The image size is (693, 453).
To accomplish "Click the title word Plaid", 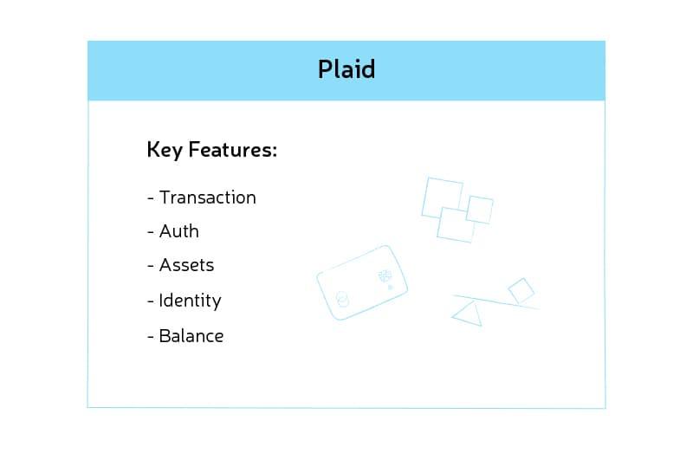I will [x=346, y=69].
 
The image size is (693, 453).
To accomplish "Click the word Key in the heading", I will [x=164, y=151].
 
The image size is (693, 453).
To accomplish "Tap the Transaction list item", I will [x=208, y=197].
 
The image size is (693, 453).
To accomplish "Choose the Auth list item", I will [x=179, y=231].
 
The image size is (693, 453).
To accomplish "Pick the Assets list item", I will [x=186, y=265].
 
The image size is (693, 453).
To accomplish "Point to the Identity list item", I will [x=190, y=301].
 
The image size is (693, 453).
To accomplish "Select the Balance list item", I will [x=191, y=336].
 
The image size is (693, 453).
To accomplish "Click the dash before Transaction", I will [x=151, y=198].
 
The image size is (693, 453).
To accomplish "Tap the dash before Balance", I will [x=151, y=337].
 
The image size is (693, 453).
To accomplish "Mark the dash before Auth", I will [x=151, y=232].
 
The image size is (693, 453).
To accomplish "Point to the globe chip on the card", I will [x=382, y=276].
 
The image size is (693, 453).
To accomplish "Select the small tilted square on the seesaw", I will [x=521, y=290].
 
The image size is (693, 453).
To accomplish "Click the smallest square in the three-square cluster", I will [x=480, y=209].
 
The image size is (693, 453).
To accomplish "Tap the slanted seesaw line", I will [x=494, y=301].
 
